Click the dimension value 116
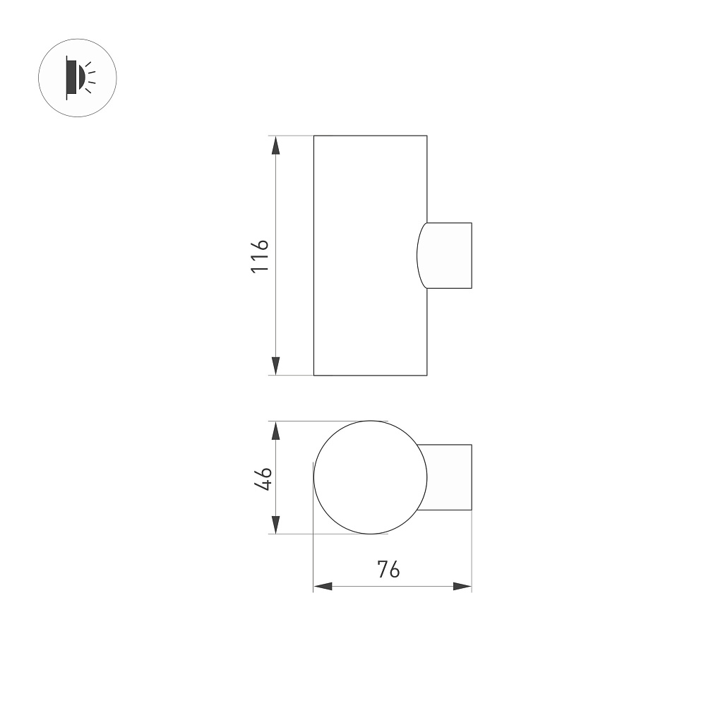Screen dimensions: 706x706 pyautogui.click(x=260, y=256)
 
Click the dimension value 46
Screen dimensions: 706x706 pyautogui.click(x=263, y=479)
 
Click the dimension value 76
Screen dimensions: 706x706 pyautogui.click(x=388, y=570)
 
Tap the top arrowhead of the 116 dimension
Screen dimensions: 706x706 pyautogui.click(x=275, y=145)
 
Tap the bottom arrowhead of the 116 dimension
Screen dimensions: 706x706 pyautogui.click(x=275, y=366)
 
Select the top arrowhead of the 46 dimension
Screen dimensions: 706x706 pyautogui.click(x=275, y=431)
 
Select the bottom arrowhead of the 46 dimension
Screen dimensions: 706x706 pyautogui.click(x=275, y=525)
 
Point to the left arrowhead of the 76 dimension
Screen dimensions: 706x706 pyautogui.click(x=323, y=586)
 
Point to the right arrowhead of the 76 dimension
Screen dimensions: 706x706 pyautogui.click(x=462, y=586)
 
